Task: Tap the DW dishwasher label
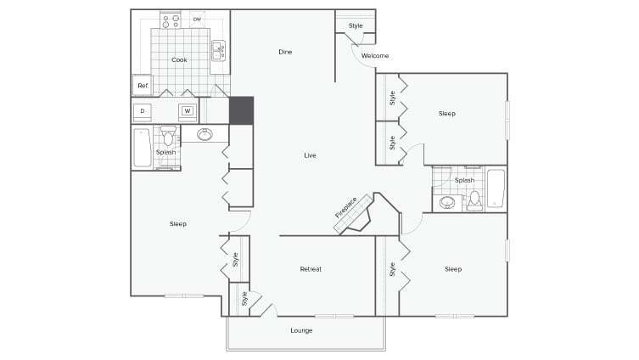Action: coord(197,19)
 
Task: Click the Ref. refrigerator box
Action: coord(143,86)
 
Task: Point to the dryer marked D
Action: coord(143,110)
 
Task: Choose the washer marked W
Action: coord(188,110)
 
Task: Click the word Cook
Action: coord(179,59)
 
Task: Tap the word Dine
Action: coord(285,53)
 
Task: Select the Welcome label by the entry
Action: coord(374,56)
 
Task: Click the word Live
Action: coord(311,155)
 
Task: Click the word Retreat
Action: coord(311,269)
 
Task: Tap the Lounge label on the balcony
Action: coord(302,329)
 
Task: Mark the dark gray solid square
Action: coord(241,110)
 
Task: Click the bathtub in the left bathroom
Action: coord(141,148)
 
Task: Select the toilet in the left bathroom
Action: coord(168,138)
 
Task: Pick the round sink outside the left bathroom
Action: coord(205,134)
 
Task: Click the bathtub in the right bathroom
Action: coord(496,189)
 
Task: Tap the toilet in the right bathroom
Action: coord(474,200)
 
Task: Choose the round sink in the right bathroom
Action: coord(446,203)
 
